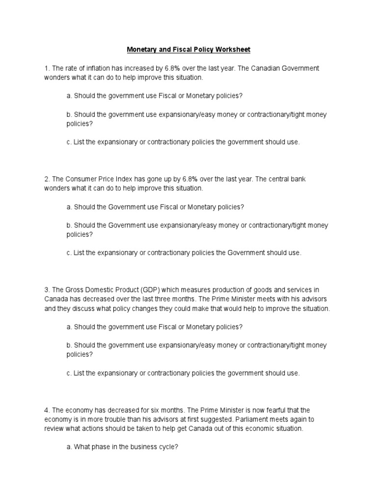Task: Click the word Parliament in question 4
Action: point(254,419)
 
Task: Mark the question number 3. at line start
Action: point(47,290)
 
